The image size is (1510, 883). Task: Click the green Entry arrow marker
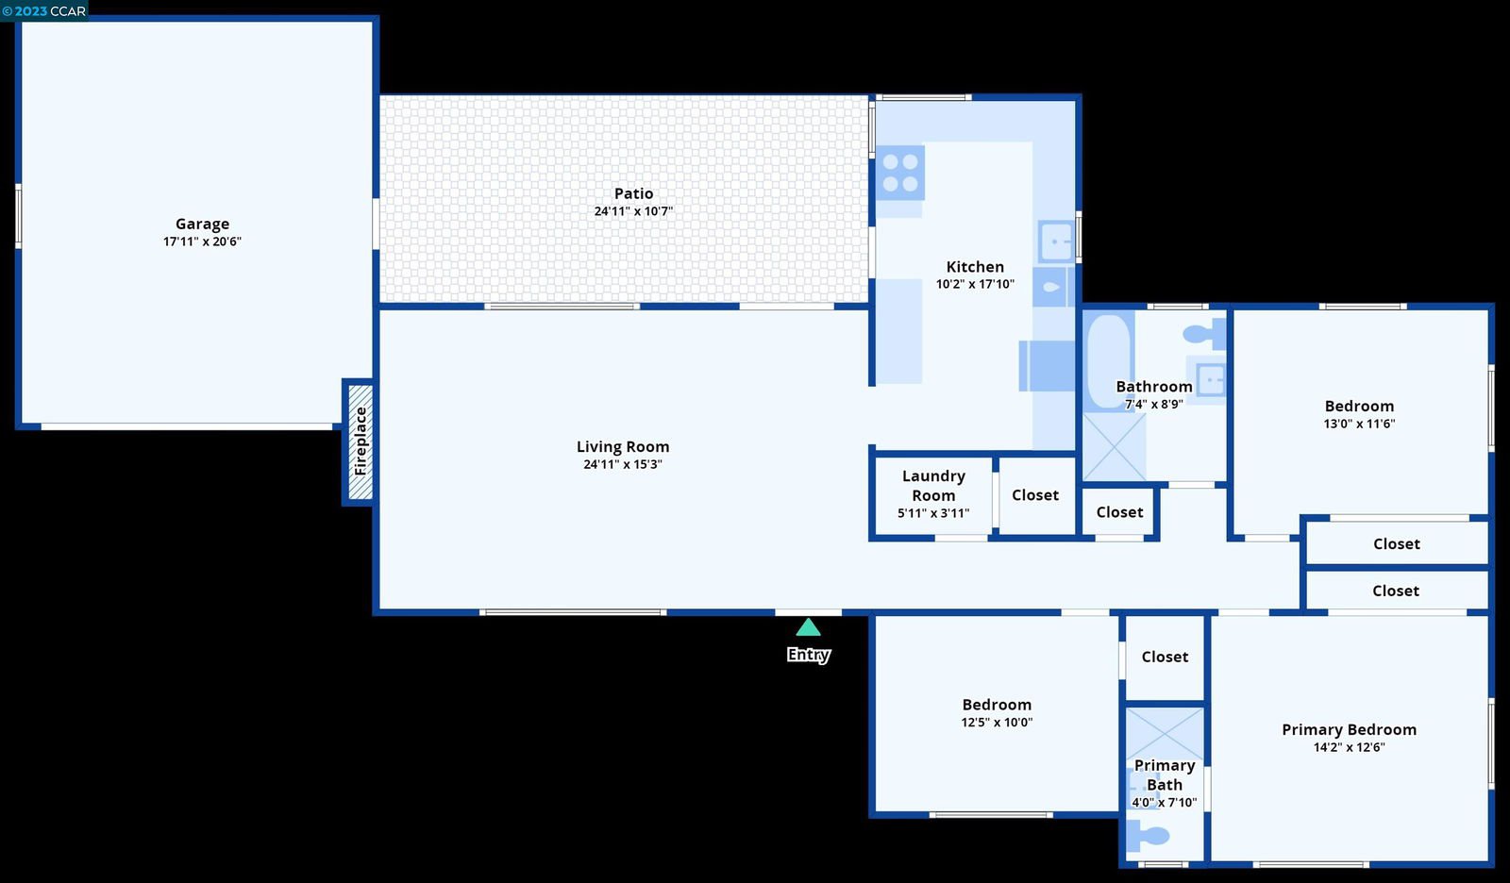click(808, 627)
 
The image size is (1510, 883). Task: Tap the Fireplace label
click(361, 441)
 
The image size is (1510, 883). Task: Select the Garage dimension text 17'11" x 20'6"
click(202, 242)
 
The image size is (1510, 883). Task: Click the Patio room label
click(633, 193)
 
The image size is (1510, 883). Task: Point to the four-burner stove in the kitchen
click(900, 173)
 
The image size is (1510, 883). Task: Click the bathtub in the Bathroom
click(1109, 361)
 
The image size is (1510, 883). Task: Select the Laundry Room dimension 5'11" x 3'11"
click(933, 513)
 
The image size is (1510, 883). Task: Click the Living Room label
click(623, 446)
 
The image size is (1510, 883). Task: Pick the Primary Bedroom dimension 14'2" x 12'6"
click(1349, 747)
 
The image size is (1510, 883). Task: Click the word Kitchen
click(975, 266)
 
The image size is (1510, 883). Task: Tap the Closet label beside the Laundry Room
click(1035, 494)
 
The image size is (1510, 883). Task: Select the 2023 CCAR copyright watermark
click(43, 10)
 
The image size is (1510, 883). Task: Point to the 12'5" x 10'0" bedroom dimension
click(997, 722)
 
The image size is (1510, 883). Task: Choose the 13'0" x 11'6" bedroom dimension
click(1359, 424)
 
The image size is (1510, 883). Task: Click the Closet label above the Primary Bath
click(1165, 657)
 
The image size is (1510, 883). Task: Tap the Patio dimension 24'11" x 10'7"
click(633, 211)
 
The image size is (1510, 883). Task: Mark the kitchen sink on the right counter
click(1056, 241)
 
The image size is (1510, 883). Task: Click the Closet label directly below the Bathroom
click(1119, 511)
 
